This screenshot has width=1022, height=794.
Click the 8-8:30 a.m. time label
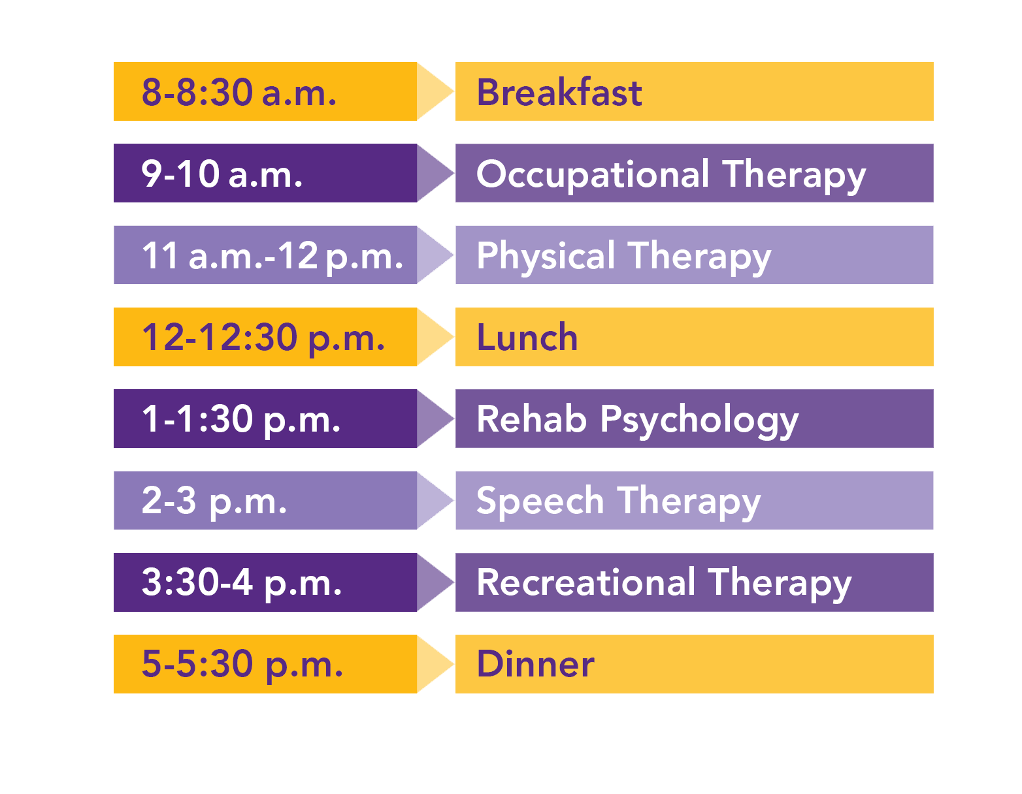click(x=239, y=92)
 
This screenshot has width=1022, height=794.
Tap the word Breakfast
click(x=559, y=92)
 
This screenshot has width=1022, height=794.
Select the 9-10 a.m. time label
click(x=222, y=174)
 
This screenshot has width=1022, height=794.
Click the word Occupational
click(x=593, y=174)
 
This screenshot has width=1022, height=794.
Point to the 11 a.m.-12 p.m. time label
click(x=272, y=255)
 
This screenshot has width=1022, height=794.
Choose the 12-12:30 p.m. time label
click(x=263, y=338)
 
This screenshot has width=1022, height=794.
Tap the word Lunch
click(x=527, y=338)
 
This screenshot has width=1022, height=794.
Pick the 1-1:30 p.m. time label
click(x=241, y=419)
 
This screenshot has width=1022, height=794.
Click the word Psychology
click(x=699, y=420)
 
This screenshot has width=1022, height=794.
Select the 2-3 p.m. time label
click(x=214, y=501)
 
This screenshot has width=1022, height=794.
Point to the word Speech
click(x=540, y=501)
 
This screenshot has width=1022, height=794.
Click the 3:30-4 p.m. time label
click(x=242, y=582)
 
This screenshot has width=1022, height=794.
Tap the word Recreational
click(x=586, y=582)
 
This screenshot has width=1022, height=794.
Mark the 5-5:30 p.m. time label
click(x=242, y=664)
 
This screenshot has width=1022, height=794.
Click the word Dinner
click(x=536, y=664)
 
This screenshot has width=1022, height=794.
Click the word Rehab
click(x=531, y=419)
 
